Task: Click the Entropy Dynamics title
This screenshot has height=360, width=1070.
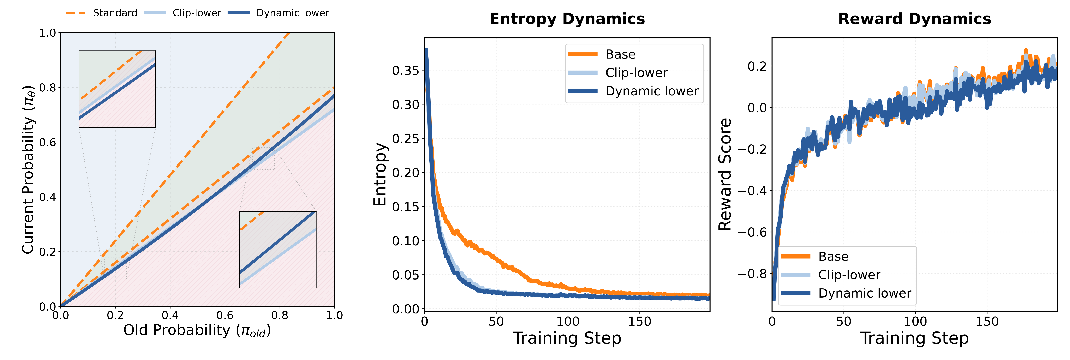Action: point(567,19)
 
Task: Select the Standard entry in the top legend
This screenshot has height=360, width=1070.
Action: point(115,13)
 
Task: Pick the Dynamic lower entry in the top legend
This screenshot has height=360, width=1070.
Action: point(292,13)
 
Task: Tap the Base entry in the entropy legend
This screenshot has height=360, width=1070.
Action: point(620,54)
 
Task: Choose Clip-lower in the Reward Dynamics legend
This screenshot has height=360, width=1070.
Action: point(849,275)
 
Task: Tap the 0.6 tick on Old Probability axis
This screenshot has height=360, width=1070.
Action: point(225,316)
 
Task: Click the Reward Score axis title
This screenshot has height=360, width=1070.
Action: point(725,174)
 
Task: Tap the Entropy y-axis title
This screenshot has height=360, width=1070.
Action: point(380,174)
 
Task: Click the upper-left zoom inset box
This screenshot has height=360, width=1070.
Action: point(117,89)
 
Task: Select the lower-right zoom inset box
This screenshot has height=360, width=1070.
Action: point(278,250)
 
